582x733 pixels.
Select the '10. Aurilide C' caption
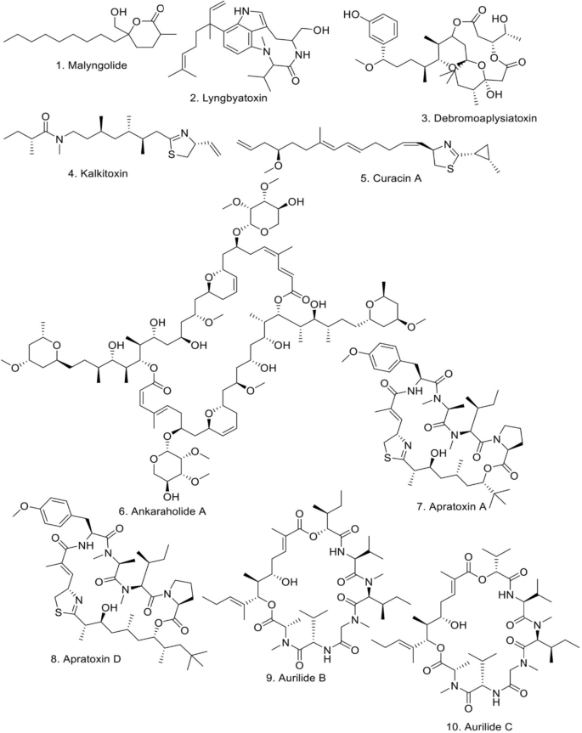coord(494,722)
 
